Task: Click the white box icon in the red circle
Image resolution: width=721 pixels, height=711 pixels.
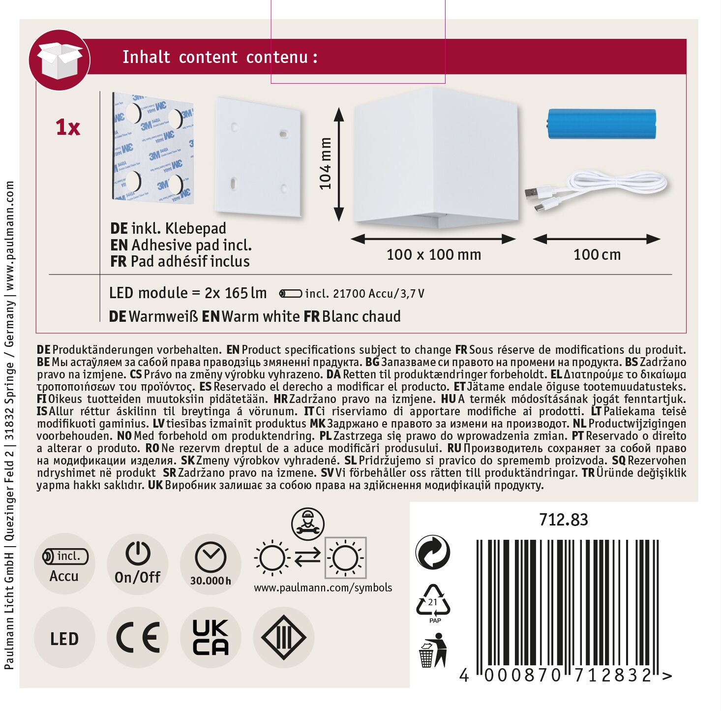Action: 59,60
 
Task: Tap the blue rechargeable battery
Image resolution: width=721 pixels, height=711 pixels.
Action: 601,124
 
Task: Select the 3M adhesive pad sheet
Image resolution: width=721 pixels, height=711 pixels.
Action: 152,148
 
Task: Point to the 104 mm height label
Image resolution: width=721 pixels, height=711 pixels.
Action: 325,164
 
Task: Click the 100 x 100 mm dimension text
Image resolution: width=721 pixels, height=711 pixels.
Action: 434,254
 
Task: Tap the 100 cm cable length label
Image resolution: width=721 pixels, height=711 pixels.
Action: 597,254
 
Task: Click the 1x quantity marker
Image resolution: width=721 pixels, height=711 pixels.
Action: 68,127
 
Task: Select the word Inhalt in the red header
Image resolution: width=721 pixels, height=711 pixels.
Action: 146,57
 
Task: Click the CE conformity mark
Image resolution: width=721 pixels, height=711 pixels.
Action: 138,637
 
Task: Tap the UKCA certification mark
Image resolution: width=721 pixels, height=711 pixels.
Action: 210,637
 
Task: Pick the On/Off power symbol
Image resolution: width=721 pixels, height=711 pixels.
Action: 138,553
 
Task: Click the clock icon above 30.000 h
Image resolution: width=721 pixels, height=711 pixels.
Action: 210,556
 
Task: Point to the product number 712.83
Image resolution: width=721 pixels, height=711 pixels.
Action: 564,520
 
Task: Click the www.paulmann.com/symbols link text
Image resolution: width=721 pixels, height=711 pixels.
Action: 323,587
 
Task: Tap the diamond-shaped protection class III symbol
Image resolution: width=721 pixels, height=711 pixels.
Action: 284,637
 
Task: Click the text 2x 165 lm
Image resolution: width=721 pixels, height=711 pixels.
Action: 236,293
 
